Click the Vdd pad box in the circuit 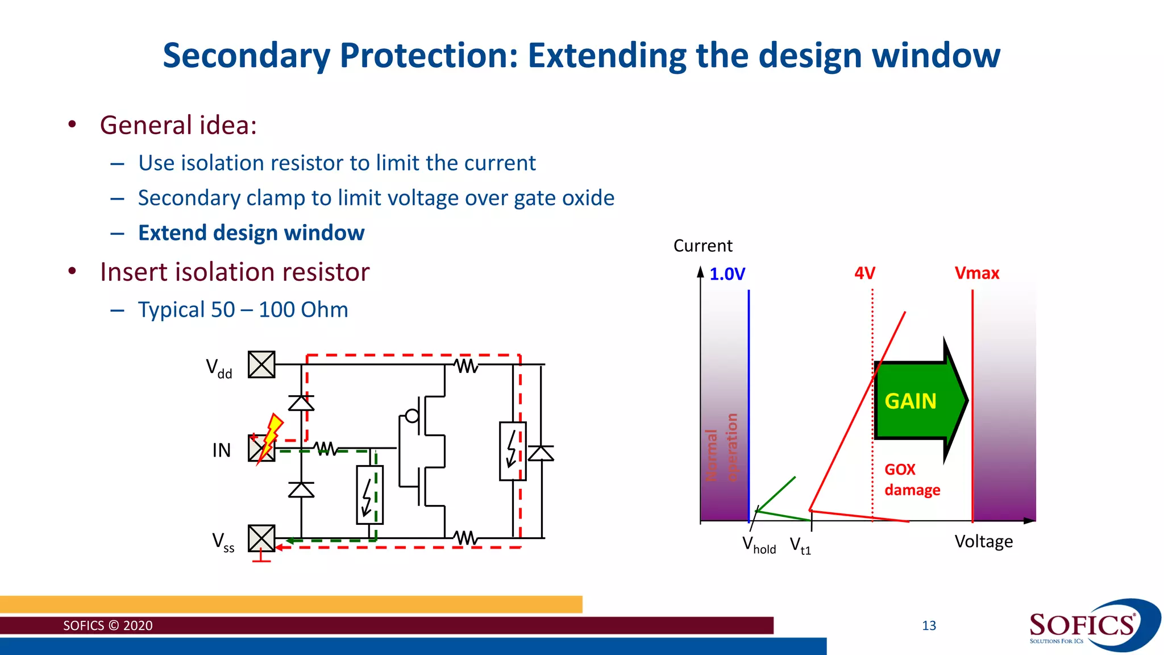pyautogui.click(x=261, y=364)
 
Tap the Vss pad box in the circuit pyautogui.click(x=261, y=538)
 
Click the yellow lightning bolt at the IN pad pyautogui.click(x=272, y=435)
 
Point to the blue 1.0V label pyautogui.click(x=727, y=274)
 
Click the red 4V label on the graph pyautogui.click(x=864, y=273)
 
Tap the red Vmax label pyautogui.click(x=976, y=273)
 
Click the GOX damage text pyautogui.click(x=912, y=480)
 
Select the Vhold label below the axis pyautogui.click(x=759, y=545)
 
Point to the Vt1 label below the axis pyautogui.click(x=800, y=546)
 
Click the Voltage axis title pyautogui.click(x=983, y=541)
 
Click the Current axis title pyautogui.click(x=702, y=246)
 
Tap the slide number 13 pyautogui.click(x=929, y=626)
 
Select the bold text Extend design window pyautogui.click(x=251, y=233)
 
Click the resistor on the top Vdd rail pyautogui.click(x=467, y=365)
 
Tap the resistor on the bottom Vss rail pyautogui.click(x=465, y=537)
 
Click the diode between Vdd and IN pyautogui.click(x=301, y=403)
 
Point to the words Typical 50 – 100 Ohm pyautogui.click(x=243, y=310)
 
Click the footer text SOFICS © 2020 pyautogui.click(x=107, y=625)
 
